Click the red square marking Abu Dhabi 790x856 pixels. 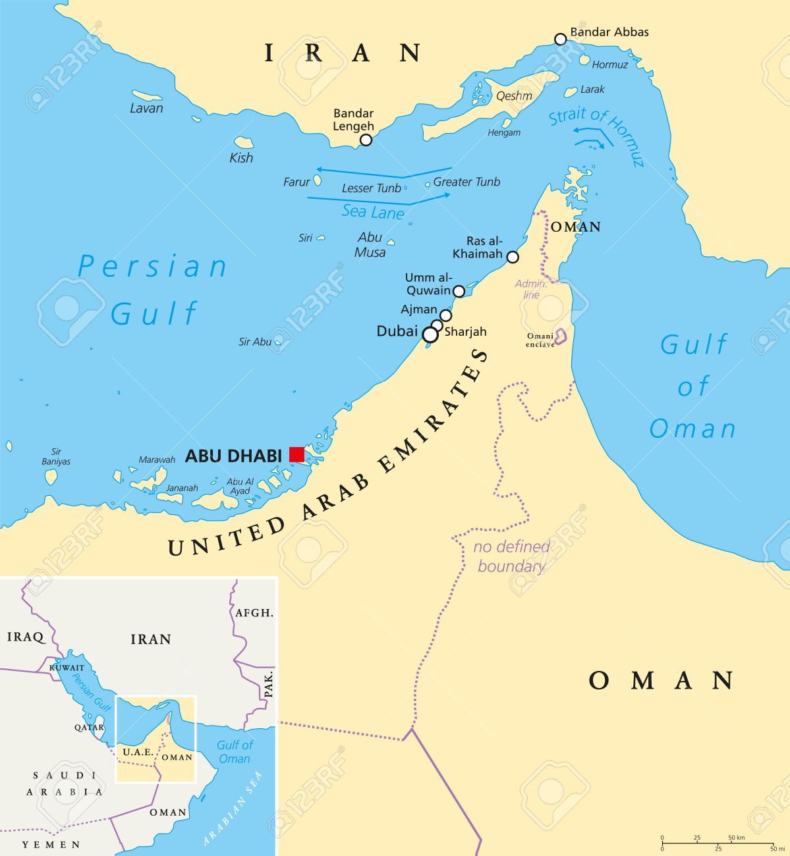pos(296,454)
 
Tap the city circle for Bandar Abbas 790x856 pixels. pos(560,40)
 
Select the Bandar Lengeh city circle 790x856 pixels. pos(366,140)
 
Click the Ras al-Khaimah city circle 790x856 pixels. pos(513,257)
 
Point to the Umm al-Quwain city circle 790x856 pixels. pos(459,290)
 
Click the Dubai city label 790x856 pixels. pos(397,331)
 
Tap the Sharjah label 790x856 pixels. pos(465,332)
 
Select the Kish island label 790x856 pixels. pos(241,158)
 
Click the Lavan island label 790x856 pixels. pos(146,109)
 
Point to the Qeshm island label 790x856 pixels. pos(514,96)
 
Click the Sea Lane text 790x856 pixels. pos(373,212)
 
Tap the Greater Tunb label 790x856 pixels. pos(466,182)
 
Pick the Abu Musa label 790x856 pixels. pos(370,244)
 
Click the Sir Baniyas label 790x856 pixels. pos(56,456)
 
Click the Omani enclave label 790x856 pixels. pos(540,340)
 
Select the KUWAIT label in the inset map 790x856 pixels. pos(67,668)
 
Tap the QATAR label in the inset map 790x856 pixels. pos(89,728)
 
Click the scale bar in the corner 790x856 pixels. pos(717,843)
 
